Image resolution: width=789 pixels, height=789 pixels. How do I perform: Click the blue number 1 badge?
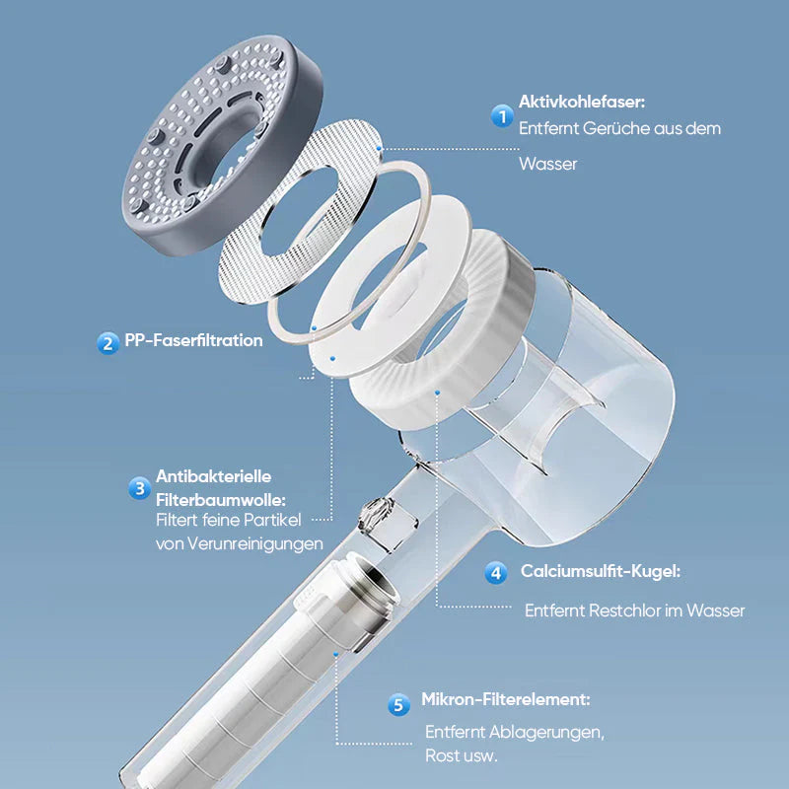click(502, 116)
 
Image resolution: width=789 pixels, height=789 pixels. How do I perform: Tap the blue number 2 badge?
click(108, 343)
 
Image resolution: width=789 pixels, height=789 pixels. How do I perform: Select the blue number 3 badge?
click(139, 488)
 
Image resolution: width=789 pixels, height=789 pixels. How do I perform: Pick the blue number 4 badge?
click(496, 573)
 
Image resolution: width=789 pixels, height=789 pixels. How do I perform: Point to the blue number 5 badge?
click(399, 704)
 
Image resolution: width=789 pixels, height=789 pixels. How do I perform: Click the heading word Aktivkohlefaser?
click(581, 102)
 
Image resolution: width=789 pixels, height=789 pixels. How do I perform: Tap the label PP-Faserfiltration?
click(193, 340)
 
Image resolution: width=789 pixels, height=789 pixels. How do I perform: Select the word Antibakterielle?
click(213, 476)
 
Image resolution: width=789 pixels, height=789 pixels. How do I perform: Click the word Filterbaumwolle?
click(220, 500)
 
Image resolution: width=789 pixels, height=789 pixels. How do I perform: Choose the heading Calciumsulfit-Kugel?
click(601, 571)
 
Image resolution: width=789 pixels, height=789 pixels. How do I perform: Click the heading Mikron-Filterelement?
click(506, 699)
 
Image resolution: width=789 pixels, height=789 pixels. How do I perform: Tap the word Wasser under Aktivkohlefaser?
click(548, 164)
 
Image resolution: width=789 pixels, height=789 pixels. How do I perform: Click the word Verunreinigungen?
click(255, 544)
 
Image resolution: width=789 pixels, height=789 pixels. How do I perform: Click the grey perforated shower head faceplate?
click(221, 145)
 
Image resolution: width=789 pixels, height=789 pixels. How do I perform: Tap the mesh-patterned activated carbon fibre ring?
click(301, 211)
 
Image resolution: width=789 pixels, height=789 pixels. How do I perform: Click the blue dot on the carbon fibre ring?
click(380, 149)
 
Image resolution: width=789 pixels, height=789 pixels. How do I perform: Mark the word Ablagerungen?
click(546, 733)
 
